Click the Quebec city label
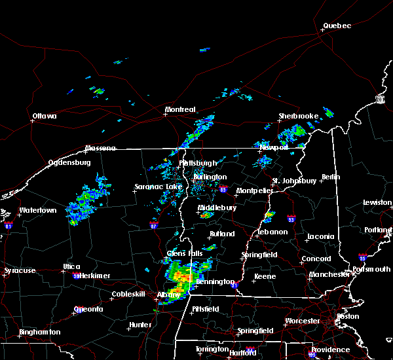tap(337, 26)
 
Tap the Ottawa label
tap(45, 117)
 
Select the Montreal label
tap(180, 109)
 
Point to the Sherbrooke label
tap(298, 116)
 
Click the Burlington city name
tap(210, 177)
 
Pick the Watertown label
tap(36, 210)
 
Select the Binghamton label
tap(39, 332)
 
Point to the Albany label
tap(168, 295)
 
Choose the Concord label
tap(316, 259)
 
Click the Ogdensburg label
tap(70, 163)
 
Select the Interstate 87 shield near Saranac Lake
tap(153, 224)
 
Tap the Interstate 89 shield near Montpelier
tap(223, 190)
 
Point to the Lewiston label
tap(377, 202)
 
